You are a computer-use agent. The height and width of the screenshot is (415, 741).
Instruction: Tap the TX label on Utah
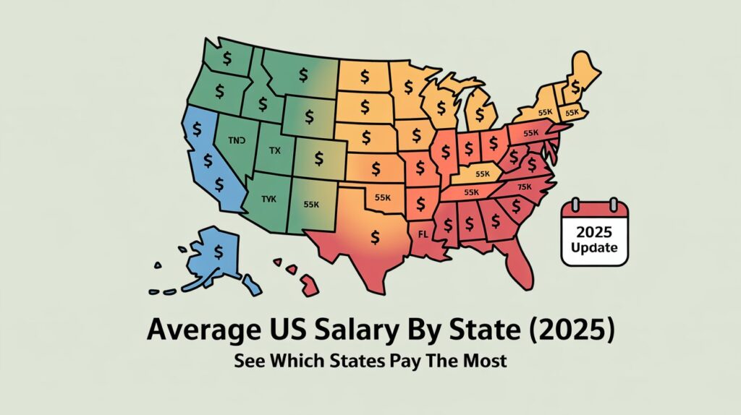tap(274, 150)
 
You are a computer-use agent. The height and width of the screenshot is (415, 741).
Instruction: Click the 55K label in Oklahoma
tap(382, 197)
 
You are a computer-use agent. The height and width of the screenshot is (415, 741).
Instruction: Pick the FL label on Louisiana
tap(425, 234)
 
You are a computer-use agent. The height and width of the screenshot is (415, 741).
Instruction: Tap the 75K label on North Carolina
tap(525, 187)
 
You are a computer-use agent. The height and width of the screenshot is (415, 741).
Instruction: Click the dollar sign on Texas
tap(374, 236)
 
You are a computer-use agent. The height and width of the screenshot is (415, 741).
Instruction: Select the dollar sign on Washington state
tap(228, 57)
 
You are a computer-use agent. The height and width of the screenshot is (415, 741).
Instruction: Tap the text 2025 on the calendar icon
tap(595, 233)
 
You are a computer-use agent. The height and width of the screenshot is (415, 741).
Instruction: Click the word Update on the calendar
tap(595, 247)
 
